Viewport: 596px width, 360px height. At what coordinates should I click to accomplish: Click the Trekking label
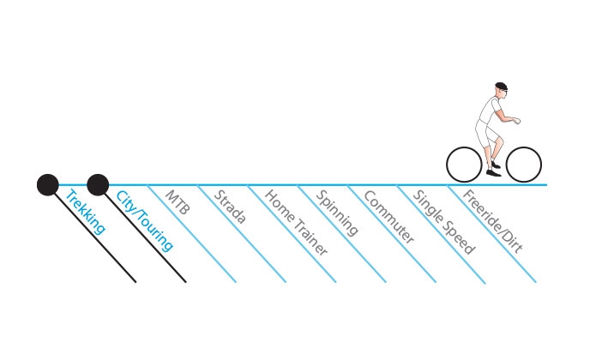pos(85,213)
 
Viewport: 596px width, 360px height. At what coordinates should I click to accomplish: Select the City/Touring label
pos(145,220)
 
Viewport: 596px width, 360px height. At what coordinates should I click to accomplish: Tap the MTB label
pos(178,202)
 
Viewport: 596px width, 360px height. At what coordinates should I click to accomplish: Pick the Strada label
pos(230,207)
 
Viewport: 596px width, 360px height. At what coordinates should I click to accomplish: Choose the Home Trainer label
pos(296,223)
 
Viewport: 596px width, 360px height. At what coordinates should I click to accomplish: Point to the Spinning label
pos(337,213)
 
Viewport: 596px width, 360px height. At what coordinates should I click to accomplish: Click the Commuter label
pos(388,217)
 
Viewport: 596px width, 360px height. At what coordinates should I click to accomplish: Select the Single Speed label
pos(443,222)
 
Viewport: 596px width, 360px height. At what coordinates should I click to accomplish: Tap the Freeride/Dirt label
pos(492,221)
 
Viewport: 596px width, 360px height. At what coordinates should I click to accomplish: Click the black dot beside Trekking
pos(48,185)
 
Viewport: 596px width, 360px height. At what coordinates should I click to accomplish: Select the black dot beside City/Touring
pos(98,185)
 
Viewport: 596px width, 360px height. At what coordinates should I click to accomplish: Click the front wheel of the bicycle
pos(523,165)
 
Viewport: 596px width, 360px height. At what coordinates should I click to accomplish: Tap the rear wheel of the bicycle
pos(464,165)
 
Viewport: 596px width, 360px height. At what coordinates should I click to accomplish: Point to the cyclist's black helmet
pos(501,86)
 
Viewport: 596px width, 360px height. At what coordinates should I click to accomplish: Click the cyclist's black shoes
pos(494,169)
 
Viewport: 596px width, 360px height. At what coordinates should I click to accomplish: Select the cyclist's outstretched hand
pos(516,121)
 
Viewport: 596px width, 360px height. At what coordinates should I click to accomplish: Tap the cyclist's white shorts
pos(485,133)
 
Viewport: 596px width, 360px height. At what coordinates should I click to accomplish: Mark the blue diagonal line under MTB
pos(191,233)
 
